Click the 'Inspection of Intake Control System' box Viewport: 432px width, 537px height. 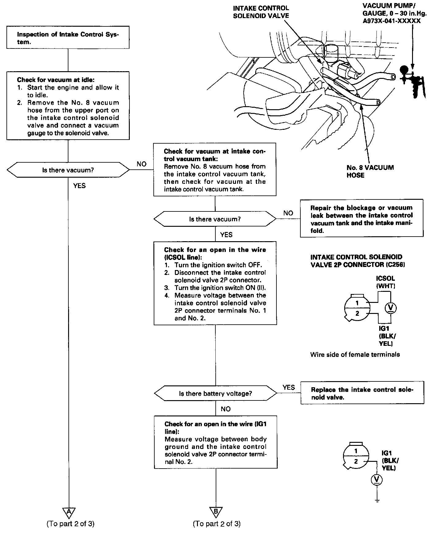tap(68, 37)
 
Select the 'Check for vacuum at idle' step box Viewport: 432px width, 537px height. tap(68, 106)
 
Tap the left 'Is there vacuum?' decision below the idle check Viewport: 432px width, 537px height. tap(68, 170)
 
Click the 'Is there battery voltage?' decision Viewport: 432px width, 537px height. tap(215, 393)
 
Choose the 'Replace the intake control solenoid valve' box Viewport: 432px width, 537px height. tap(362, 393)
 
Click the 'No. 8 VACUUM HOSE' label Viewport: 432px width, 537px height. tap(370, 171)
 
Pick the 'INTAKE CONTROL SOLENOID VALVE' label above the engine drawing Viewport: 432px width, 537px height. tap(261, 12)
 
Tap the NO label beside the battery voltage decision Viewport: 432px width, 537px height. tap(226, 409)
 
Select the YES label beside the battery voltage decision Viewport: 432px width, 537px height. tap(288, 387)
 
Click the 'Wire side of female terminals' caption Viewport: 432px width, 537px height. tap(355, 355)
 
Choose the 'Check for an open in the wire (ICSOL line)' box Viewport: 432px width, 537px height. tap(215, 283)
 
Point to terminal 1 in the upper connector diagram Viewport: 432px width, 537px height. tap(357, 303)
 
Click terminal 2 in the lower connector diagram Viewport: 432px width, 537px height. tap(356, 461)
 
